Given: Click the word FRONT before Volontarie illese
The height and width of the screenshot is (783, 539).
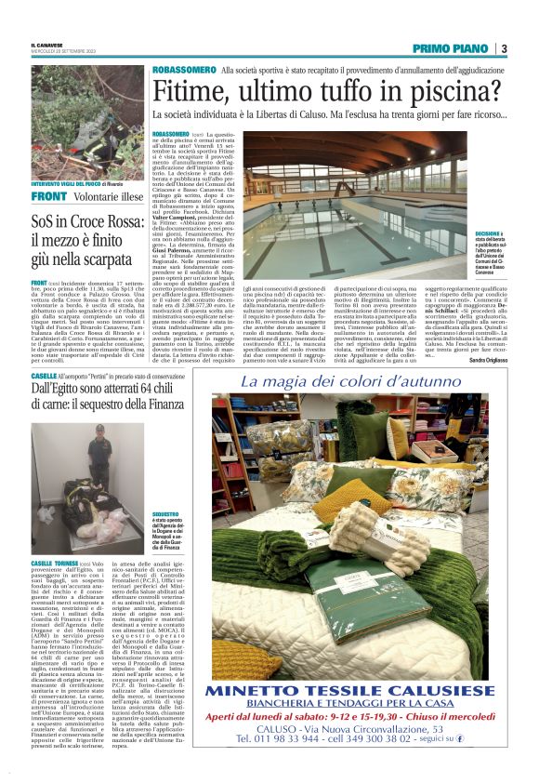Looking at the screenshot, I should tap(48, 196).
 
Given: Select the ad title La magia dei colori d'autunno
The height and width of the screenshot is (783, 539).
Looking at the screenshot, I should tap(357, 382).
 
